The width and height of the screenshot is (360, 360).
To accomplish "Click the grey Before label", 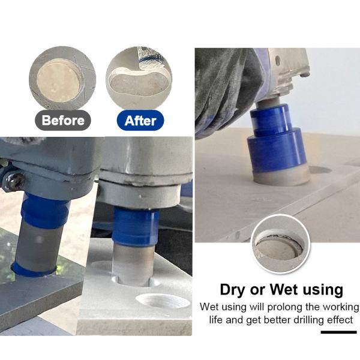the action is pyautogui.click(x=63, y=121).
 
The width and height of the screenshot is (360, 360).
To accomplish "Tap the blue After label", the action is pyautogui.click(x=140, y=121).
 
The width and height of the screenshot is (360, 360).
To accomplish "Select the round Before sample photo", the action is pyautogui.click(x=62, y=78).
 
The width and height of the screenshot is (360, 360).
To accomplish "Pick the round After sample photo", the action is pyautogui.click(x=139, y=78).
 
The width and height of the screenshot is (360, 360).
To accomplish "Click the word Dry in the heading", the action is pyautogui.click(x=233, y=290).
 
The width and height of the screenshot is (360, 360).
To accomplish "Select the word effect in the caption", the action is pyautogui.click(x=340, y=320).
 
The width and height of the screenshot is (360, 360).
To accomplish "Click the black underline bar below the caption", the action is pyautogui.click(x=338, y=332).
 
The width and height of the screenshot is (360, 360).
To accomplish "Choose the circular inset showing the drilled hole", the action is pyautogui.click(x=281, y=244).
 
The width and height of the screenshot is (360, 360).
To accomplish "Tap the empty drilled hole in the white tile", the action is pyautogui.click(x=163, y=301).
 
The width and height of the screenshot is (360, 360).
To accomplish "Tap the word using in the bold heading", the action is pyautogui.click(x=323, y=290).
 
